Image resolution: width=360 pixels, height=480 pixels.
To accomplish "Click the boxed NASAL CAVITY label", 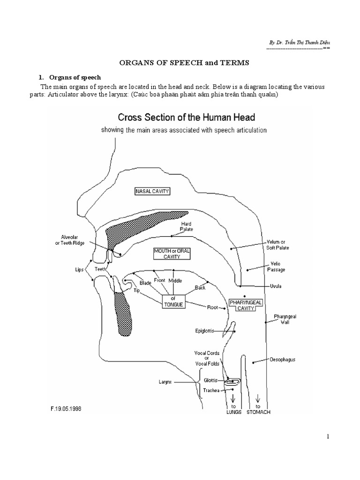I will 152,192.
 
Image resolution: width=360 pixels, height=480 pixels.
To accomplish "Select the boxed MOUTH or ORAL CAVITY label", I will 172,254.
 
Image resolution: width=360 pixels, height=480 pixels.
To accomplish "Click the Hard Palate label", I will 187,227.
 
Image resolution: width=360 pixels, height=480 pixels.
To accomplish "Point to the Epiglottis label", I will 204,330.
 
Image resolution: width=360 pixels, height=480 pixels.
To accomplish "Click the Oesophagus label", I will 282,360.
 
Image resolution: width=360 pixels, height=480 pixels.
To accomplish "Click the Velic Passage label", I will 277,266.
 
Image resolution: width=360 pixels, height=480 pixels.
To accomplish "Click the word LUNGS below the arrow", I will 233,412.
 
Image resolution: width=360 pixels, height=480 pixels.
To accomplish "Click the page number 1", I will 328,436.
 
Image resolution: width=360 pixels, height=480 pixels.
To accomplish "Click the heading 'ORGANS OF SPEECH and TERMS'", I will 180,63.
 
